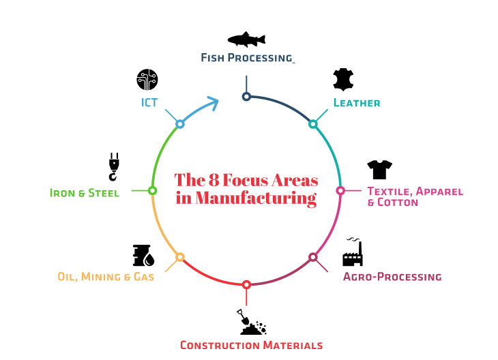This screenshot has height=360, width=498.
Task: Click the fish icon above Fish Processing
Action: point(246,39)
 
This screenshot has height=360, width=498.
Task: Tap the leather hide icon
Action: point(342,80)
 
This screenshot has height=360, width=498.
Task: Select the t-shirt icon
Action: point(379,169)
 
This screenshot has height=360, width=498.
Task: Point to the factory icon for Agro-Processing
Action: point(352,253)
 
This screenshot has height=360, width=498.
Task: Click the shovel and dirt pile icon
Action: point(251,322)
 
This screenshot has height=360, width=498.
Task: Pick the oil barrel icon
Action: point(143,255)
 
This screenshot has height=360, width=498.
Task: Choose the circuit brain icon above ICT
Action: point(147,80)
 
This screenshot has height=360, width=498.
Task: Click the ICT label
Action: point(149,103)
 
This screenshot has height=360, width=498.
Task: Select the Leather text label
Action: point(356,103)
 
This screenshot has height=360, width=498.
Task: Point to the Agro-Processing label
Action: point(392,277)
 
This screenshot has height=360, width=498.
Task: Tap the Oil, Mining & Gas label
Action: point(106,277)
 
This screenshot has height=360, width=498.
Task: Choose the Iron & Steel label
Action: point(85,193)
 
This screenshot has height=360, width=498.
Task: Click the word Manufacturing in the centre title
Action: point(256,198)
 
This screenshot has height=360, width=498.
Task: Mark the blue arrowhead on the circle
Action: point(212,104)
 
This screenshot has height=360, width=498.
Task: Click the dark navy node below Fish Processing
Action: point(246,97)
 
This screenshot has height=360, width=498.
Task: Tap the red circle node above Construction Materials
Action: point(246,284)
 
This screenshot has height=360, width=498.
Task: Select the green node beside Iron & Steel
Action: point(153,191)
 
